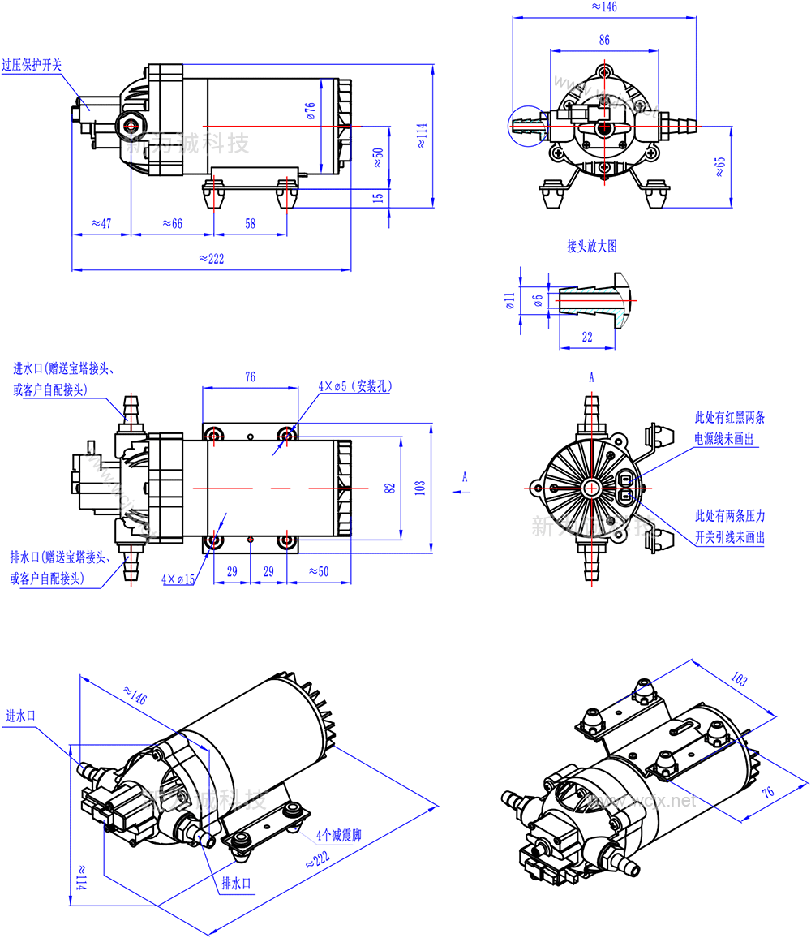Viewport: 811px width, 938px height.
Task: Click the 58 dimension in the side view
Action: [250, 223]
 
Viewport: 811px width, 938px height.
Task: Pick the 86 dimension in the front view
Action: [604, 40]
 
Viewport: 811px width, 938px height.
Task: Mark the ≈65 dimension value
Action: [720, 166]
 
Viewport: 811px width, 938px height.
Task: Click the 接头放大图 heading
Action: [592, 247]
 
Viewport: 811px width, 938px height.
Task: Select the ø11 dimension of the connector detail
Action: [509, 301]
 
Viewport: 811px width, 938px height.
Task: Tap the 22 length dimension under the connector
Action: [586, 337]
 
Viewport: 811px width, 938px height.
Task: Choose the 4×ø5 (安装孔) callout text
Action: [355, 387]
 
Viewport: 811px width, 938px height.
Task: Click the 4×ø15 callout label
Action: [178, 579]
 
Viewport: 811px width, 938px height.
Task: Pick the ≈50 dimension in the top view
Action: [319, 571]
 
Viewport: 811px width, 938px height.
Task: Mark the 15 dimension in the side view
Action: [378, 198]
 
